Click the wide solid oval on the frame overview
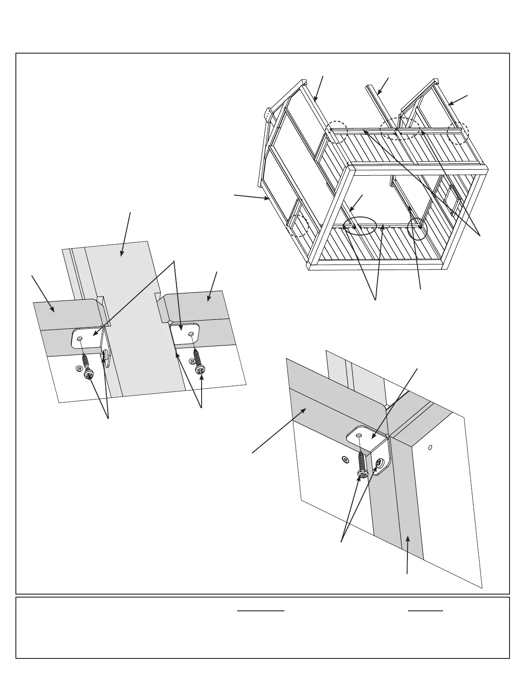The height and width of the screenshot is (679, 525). pyautogui.click(x=360, y=226)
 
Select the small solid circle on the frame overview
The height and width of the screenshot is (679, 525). pyautogui.click(x=417, y=228)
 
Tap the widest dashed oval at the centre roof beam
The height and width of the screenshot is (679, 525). pyautogui.click(x=400, y=128)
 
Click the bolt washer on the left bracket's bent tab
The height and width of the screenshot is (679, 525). pyautogui.click(x=106, y=355)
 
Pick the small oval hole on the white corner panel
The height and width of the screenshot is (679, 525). pyautogui.click(x=430, y=447)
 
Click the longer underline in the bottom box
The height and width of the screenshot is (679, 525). pyautogui.click(x=261, y=610)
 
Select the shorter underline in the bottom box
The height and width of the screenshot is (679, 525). pyautogui.click(x=425, y=610)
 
